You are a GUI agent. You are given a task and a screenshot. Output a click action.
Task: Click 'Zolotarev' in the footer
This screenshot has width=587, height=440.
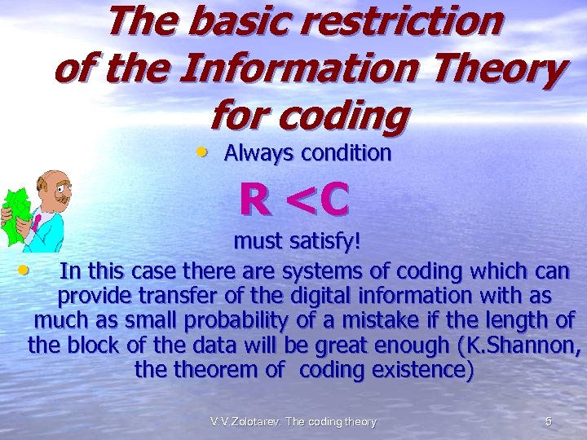point(259,422)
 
